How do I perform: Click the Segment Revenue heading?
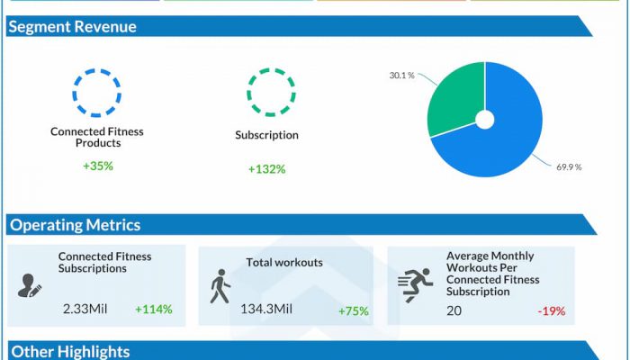pyautogui.click(x=72, y=27)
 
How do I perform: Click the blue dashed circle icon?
pyautogui.click(x=96, y=91)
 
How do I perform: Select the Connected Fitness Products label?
pyautogui.click(x=96, y=138)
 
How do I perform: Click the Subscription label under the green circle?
pyautogui.click(x=266, y=136)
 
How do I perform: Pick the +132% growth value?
pyautogui.click(x=266, y=169)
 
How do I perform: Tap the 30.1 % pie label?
pyautogui.click(x=401, y=76)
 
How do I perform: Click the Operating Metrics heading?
pyautogui.click(x=75, y=225)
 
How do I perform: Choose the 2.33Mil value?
pyautogui.click(x=85, y=310)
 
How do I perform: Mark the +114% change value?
pyautogui.click(x=154, y=310)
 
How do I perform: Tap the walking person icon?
pyautogui.click(x=220, y=287)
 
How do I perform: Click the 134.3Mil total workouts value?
pyautogui.click(x=266, y=310)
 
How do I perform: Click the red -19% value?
pyautogui.click(x=551, y=311)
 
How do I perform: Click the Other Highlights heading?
pyautogui.click(x=69, y=351)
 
